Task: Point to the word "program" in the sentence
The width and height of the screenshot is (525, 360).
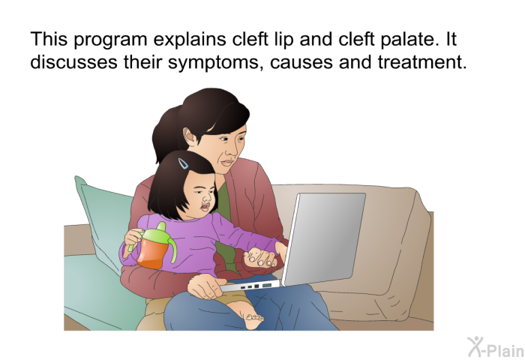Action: click(110, 40)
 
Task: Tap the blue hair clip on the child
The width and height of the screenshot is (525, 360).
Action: click(183, 163)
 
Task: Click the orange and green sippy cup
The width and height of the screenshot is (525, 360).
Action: click(155, 245)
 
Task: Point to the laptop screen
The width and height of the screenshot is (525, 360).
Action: click(324, 238)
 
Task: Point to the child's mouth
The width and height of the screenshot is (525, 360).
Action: click(205, 205)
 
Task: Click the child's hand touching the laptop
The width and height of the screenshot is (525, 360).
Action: click(262, 257)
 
